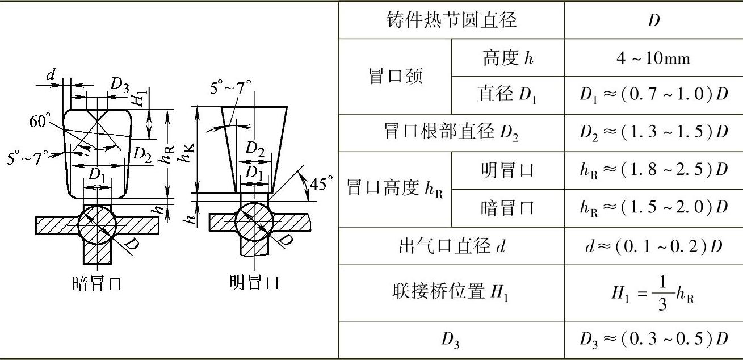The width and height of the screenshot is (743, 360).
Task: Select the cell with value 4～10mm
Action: [653, 58]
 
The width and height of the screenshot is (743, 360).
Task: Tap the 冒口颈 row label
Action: [396, 76]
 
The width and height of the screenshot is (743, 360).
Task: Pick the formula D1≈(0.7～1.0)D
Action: [653, 95]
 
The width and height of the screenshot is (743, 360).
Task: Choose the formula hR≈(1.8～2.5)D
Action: [653, 170]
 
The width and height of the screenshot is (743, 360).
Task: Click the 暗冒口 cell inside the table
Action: [507, 208]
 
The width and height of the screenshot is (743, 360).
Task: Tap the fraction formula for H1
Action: [653, 293]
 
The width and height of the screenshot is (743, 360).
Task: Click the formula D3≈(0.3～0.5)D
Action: [653, 340]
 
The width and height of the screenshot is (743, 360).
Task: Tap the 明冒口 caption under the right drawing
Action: [254, 282]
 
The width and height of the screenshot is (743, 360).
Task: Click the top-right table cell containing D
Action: [653, 20]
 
